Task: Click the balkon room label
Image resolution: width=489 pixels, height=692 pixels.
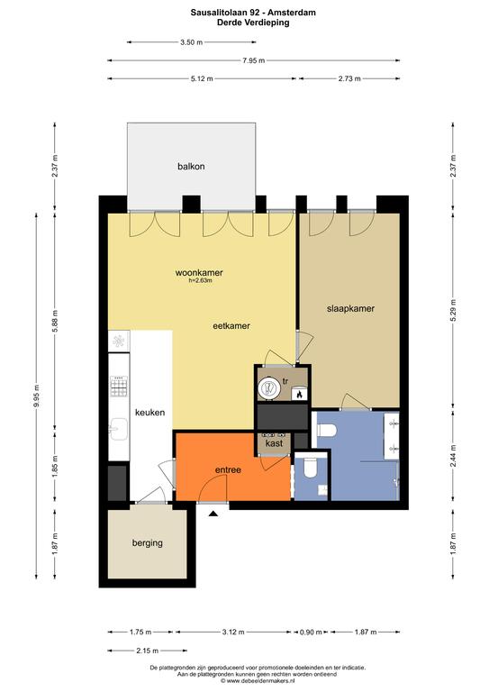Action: click(191, 167)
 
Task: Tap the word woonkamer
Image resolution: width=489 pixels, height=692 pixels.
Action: click(199, 273)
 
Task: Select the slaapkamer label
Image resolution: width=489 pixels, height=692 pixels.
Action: click(350, 308)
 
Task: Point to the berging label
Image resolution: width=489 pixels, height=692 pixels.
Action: click(148, 542)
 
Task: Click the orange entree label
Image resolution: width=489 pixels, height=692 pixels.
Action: click(228, 470)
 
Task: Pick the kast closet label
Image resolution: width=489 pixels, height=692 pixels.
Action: click(274, 442)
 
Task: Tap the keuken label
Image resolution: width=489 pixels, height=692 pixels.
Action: click(149, 412)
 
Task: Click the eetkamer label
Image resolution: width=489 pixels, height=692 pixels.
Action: click(231, 325)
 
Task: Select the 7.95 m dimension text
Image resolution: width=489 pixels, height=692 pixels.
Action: click(254, 60)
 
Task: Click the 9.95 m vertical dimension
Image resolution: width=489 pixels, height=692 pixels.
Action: click(37, 396)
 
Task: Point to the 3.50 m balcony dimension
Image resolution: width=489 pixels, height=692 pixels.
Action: click(191, 42)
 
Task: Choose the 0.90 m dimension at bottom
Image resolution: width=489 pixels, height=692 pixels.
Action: click(311, 632)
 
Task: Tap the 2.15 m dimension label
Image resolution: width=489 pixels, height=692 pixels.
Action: click(148, 651)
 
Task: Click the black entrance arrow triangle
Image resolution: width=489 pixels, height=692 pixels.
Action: click(213, 514)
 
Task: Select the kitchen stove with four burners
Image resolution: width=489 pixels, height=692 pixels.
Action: click(119, 387)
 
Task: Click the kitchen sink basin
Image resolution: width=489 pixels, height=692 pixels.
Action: click(118, 429)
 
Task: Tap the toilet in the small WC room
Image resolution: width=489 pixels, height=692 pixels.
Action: click(311, 469)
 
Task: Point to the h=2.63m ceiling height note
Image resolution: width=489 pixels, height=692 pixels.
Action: click(200, 280)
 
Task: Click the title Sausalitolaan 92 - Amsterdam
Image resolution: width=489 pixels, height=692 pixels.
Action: click(253, 13)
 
